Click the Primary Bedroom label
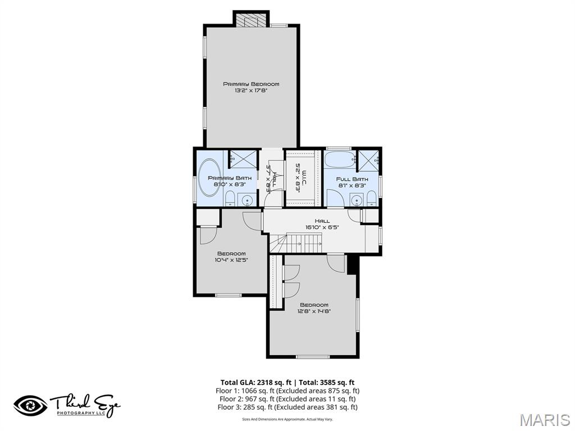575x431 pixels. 251,84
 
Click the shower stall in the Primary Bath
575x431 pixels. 243,159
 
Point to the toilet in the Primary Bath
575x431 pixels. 230,198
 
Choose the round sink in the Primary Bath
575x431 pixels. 247,199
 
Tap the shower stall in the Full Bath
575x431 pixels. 369,159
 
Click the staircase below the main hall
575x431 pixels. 296,244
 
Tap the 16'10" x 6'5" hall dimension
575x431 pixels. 322,227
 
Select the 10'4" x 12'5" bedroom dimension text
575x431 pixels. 231,260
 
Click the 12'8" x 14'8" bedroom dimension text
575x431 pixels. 314,311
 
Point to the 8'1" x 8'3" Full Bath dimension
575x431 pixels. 352,185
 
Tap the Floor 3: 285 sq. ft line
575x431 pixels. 287,407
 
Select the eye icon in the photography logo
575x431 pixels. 31,405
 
